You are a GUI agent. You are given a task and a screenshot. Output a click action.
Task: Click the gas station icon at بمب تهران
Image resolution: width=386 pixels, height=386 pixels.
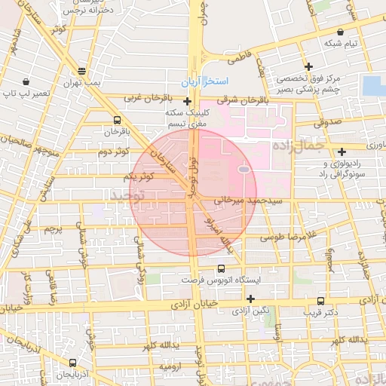coord(82,70)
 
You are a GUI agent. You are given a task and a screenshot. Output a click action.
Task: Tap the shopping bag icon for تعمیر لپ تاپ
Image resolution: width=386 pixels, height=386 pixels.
coord(26,81)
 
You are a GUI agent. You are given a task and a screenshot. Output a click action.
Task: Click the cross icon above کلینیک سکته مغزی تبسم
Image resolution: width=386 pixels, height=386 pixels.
coord(187,100)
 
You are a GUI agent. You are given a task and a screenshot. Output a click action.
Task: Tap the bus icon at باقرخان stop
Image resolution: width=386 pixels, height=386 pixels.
coord(116,120)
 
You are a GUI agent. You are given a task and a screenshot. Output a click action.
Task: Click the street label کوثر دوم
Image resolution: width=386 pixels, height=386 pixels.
coord(113,152)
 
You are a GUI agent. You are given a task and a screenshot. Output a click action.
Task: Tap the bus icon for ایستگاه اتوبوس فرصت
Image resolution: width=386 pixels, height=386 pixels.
coord(221,268)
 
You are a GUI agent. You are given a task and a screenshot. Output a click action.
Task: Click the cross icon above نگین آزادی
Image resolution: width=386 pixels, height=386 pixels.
coord(250,299)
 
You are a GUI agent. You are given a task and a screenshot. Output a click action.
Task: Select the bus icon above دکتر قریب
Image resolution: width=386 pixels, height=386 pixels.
coord(322,300)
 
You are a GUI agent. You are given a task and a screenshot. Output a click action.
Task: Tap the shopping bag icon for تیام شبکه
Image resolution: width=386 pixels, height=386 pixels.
coord(342,32)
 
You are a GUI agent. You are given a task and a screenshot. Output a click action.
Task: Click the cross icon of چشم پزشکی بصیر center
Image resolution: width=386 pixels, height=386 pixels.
coord(308,66)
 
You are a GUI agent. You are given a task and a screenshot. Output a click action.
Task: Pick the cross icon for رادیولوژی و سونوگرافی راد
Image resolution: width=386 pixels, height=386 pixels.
coord(342,152)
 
